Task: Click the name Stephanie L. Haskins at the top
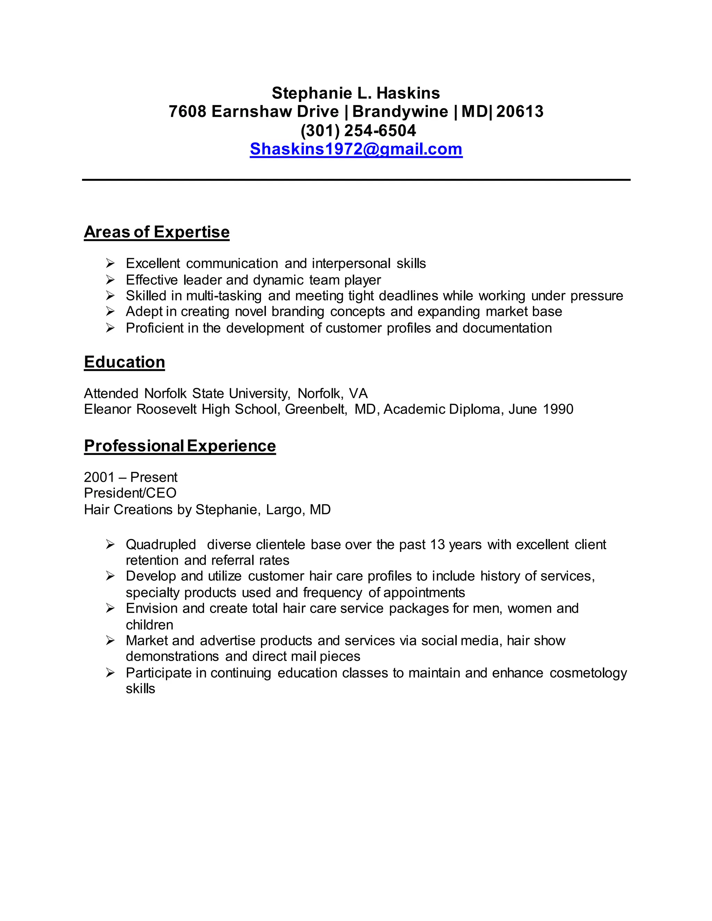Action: click(356, 93)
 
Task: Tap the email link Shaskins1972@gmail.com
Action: click(356, 149)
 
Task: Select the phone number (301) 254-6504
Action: click(358, 131)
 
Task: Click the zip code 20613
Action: click(520, 112)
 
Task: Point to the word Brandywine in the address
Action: click(400, 112)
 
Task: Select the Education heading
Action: click(124, 362)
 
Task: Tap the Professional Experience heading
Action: click(180, 446)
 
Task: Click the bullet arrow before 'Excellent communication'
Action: click(110, 263)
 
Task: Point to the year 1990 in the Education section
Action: click(558, 409)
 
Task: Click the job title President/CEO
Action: click(130, 493)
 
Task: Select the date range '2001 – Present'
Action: click(130, 478)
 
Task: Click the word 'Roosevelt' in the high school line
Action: click(166, 409)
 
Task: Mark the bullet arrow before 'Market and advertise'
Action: click(110, 641)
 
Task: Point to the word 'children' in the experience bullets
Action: click(149, 625)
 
